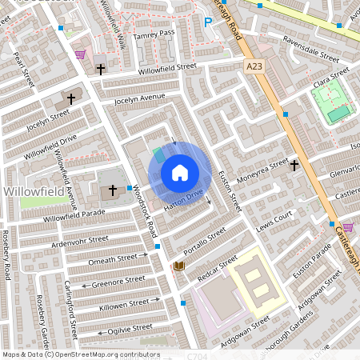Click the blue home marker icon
pyautogui.click(x=180, y=173)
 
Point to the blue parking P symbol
pyautogui.click(x=208, y=24)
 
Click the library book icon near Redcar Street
pyautogui.click(x=179, y=266)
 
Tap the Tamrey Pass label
pyautogui.click(x=155, y=33)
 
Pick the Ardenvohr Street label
pyautogui.click(x=79, y=238)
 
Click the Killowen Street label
pyautogui.click(x=123, y=304)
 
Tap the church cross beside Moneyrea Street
pyautogui.click(x=294, y=166)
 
